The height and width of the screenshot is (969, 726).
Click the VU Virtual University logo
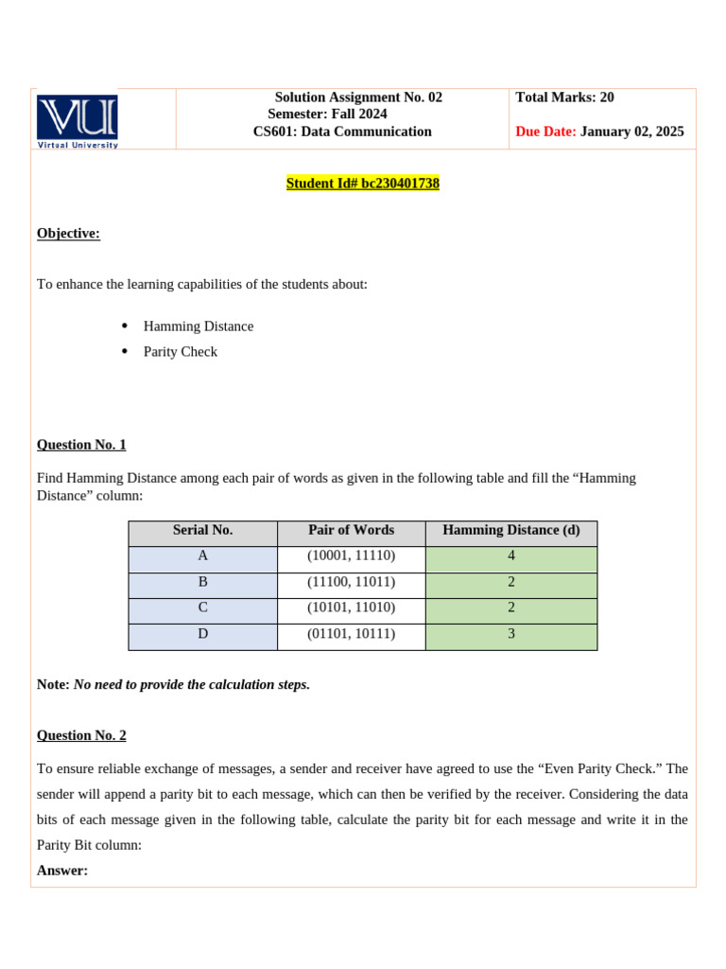[78, 120]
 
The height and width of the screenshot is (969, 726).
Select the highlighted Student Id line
[363, 184]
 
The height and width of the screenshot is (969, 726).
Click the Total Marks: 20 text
[564, 97]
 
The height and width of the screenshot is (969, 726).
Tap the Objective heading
[68, 234]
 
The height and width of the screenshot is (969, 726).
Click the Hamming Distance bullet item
[199, 326]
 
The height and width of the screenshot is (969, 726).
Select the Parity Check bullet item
[181, 352]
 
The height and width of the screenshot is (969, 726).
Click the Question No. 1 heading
[81, 445]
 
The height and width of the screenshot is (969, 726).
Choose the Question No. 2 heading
[81, 735]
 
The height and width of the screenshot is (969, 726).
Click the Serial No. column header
[202, 531]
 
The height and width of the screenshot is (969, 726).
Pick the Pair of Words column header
[351, 531]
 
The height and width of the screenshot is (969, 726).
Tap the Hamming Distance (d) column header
[510, 531]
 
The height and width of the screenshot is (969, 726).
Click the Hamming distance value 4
[511, 556]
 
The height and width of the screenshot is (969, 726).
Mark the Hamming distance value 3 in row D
[511, 634]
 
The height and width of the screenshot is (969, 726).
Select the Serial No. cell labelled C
[202, 608]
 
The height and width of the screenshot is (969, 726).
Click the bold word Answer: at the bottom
[62, 871]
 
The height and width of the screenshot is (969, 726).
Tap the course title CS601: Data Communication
[342, 132]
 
